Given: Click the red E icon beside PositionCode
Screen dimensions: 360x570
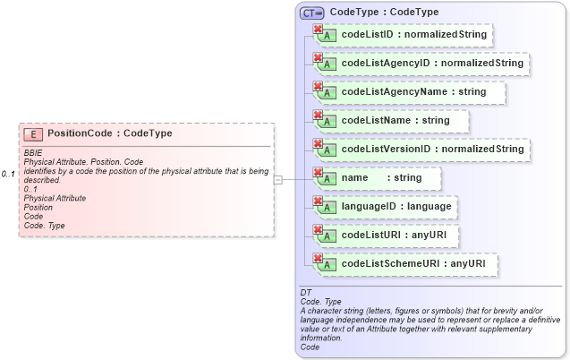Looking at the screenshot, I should [x=33, y=134].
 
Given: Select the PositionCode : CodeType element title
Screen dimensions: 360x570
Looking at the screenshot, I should [x=109, y=133].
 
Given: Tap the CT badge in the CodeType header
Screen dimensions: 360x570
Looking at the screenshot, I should [x=311, y=13].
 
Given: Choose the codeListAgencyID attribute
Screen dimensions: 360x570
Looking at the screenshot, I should [x=421, y=64].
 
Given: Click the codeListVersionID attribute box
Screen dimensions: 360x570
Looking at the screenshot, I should [x=421, y=149].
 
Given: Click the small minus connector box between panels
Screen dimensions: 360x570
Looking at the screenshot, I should [x=278, y=179].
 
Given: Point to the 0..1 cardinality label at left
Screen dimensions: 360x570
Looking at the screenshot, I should [x=8, y=173].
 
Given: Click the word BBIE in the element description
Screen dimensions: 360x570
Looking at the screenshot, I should [x=33, y=153].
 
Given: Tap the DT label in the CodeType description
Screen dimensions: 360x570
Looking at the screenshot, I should [x=305, y=293].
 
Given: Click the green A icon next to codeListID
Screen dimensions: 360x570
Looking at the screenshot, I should [x=328, y=38].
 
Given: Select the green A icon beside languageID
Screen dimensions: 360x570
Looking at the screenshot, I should [x=328, y=208].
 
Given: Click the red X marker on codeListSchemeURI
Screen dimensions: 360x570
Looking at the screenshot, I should [x=317, y=258].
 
